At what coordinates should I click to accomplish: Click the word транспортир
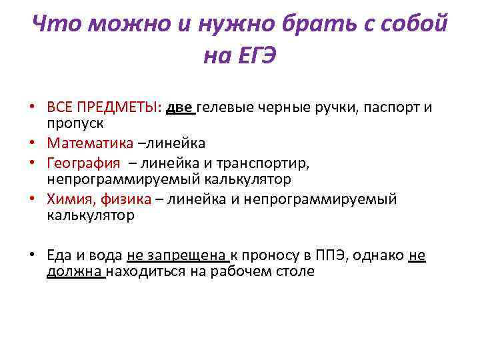pos(268,163)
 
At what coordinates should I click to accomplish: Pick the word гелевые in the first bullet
pos(225,109)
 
